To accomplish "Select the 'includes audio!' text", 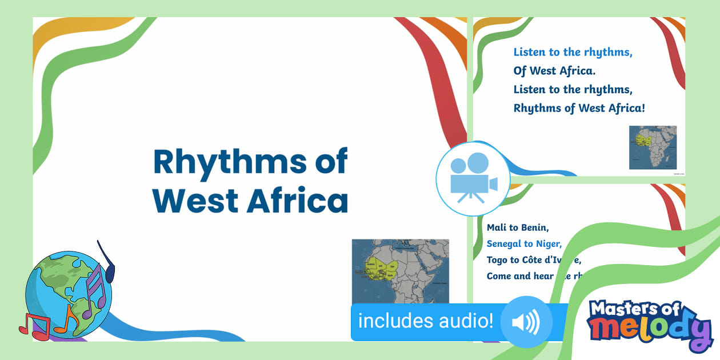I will [425, 321].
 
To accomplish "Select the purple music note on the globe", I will [94, 291].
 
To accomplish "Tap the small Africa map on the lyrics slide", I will [653, 147].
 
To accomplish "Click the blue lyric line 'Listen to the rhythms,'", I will [573, 53].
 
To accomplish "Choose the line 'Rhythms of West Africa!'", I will [579, 108].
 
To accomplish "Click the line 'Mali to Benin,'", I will [518, 227].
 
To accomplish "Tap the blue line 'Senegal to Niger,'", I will [524, 243].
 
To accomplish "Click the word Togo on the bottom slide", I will [497, 260].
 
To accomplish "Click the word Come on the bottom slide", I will [498, 276].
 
